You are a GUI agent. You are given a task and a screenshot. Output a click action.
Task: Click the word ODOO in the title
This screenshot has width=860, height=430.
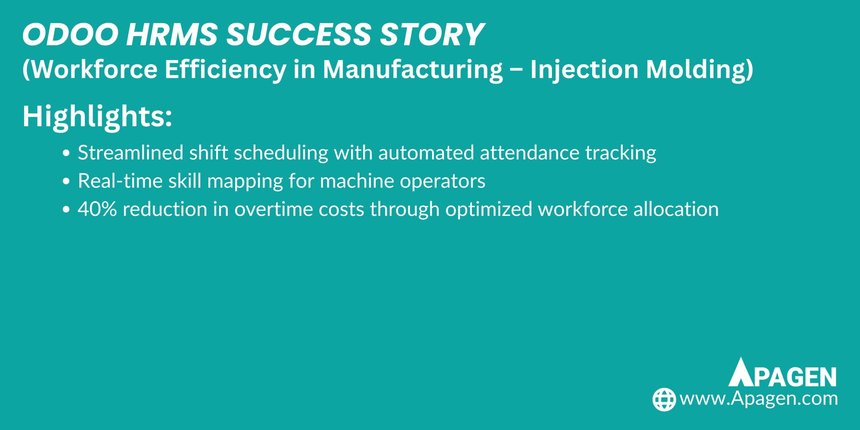70,35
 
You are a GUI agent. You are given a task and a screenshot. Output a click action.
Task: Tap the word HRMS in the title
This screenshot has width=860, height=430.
172,35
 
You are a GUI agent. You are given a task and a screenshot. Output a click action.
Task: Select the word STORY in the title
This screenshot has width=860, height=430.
432,35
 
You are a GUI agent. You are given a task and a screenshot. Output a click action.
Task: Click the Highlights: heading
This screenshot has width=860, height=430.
97,117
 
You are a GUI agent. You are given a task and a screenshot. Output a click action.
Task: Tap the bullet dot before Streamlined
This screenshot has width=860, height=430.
66,153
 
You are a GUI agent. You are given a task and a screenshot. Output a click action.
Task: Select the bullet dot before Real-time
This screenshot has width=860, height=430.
66,181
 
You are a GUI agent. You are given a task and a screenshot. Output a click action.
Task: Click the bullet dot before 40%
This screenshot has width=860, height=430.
66,210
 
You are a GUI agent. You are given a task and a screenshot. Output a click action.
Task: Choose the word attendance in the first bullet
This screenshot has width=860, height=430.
529,153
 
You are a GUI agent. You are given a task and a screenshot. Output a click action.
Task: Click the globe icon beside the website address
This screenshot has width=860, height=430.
664,399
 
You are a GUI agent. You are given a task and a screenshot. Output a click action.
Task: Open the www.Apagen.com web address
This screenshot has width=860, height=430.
759,399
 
